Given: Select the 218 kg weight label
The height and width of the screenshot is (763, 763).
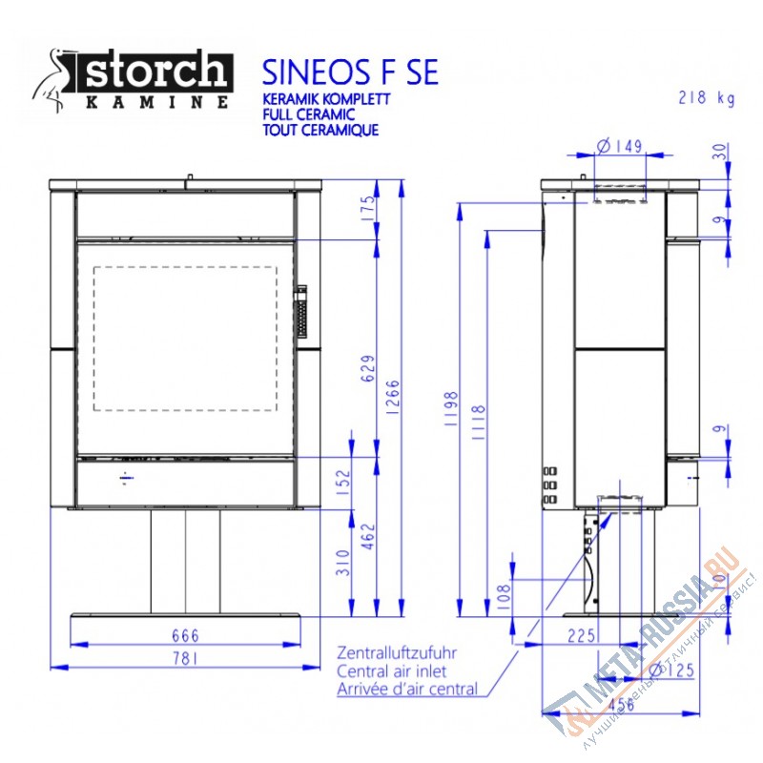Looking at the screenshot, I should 706,97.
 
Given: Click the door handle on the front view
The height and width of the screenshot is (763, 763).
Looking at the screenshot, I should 302,311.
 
